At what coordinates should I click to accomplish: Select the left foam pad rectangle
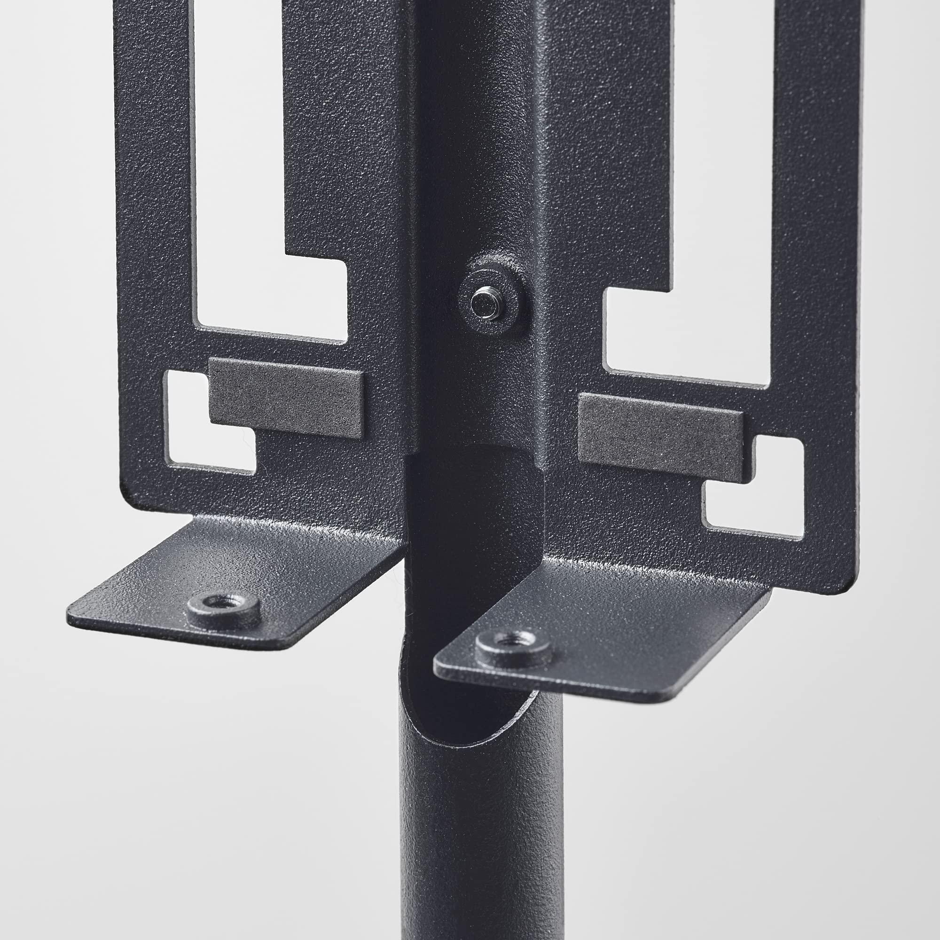coord(286,398)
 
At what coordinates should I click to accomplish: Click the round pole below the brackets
coord(482,827)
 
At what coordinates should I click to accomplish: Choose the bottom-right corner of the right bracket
coord(854,589)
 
